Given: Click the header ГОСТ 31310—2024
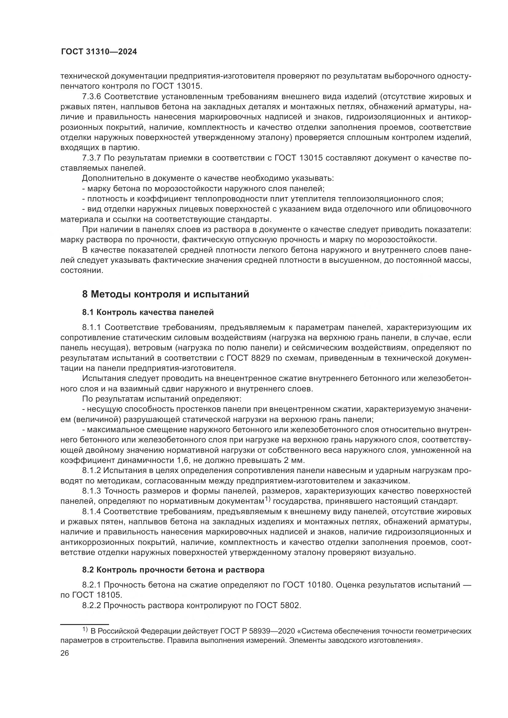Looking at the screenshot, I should (99, 52).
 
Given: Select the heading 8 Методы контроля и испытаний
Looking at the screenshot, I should (166, 294).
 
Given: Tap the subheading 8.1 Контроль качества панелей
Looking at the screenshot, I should (148, 312).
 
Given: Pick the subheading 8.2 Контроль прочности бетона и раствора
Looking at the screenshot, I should (173, 570).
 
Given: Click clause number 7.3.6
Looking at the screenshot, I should (91, 96).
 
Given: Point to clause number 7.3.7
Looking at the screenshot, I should (91, 158).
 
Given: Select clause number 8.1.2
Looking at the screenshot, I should (91, 470).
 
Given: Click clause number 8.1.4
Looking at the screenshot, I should (91, 512).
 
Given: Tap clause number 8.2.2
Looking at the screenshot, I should (91, 606).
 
